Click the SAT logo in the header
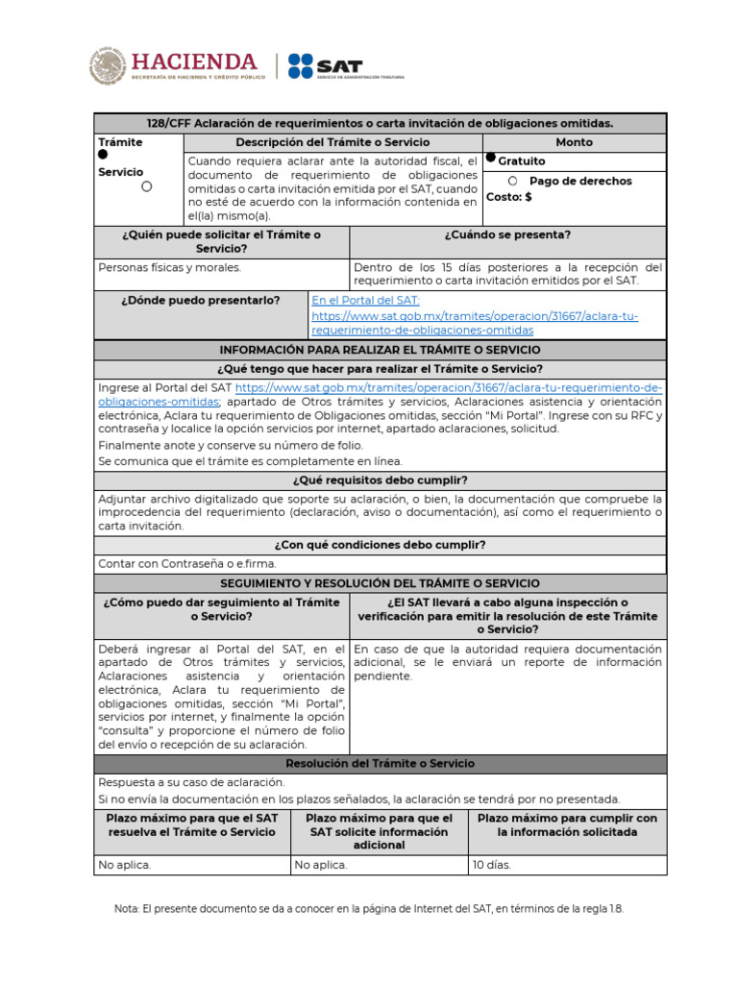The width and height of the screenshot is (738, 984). (x=325, y=66)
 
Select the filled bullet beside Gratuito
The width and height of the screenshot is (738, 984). (x=491, y=158)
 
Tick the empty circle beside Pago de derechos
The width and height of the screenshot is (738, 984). (x=512, y=181)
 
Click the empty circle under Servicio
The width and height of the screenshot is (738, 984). (x=146, y=186)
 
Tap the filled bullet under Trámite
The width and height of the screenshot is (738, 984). (x=103, y=155)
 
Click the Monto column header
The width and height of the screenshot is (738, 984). (x=574, y=142)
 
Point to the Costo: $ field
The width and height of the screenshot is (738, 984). (x=509, y=196)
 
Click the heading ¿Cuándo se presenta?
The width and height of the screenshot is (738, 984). (x=507, y=234)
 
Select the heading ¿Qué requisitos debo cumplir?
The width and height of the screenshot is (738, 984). (x=380, y=480)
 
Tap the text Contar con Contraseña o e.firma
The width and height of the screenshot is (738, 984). (x=173, y=564)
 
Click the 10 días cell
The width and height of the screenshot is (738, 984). (x=492, y=865)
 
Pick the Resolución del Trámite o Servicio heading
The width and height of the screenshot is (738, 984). (x=380, y=764)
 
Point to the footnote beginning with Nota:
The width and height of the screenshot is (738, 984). (x=369, y=908)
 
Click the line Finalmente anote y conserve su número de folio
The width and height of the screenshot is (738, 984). (x=231, y=446)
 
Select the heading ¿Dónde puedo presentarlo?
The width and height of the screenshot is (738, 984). (x=201, y=300)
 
